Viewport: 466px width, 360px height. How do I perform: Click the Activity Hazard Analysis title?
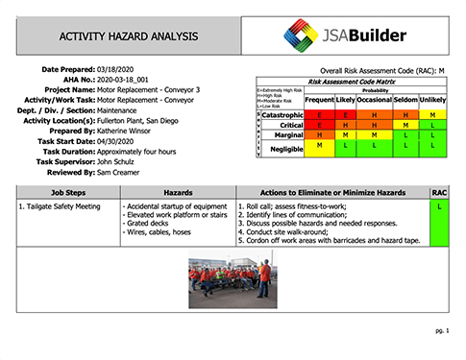(129, 36)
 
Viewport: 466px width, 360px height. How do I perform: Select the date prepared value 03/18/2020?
(118, 70)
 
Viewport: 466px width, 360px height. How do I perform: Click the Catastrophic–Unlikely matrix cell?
(432, 114)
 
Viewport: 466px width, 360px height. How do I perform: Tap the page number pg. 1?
(443, 329)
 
